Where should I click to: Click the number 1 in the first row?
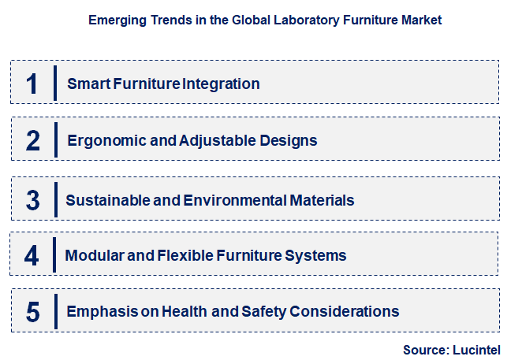pyautogui.click(x=32, y=84)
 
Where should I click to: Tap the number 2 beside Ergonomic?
pyautogui.click(x=32, y=141)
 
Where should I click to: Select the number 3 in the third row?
pyautogui.click(x=32, y=200)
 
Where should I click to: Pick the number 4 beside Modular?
pyautogui.click(x=32, y=256)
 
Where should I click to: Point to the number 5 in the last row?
pyautogui.click(x=32, y=312)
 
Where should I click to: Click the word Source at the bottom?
pyautogui.click(x=424, y=349)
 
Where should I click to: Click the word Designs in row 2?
pyautogui.click(x=288, y=141)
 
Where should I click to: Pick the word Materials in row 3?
pyautogui.click(x=321, y=200)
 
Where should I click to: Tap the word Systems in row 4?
pyautogui.click(x=319, y=256)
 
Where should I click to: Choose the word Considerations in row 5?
pyautogui.click(x=345, y=312)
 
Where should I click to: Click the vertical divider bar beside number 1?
pyautogui.click(x=55, y=83)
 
